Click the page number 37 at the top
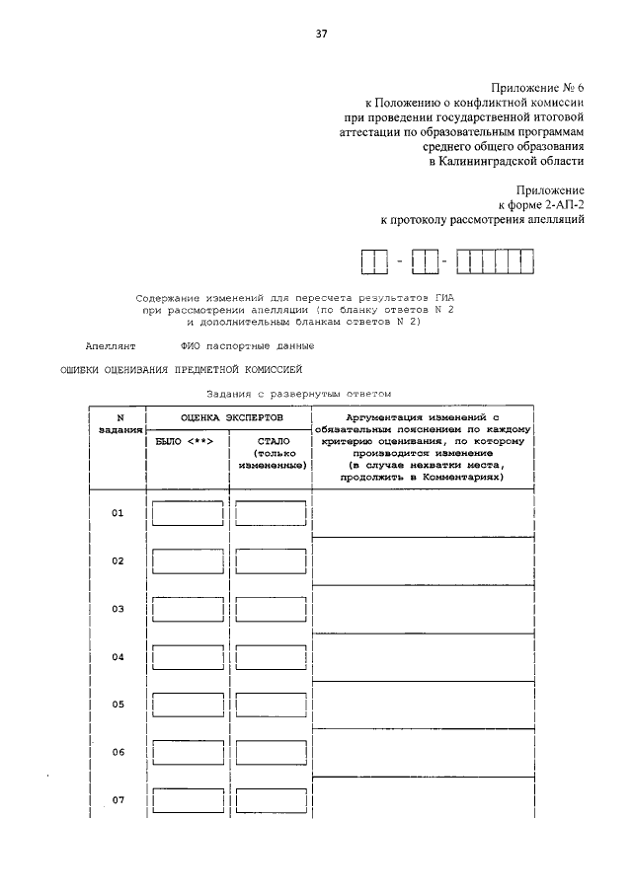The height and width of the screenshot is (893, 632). [x=321, y=34]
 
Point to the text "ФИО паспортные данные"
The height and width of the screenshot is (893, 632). [x=248, y=345]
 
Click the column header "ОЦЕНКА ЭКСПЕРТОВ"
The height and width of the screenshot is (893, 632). [x=229, y=418]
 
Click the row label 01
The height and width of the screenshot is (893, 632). [x=118, y=513]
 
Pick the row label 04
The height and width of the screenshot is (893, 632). [x=118, y=656]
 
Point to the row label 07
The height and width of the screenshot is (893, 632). [x=118, y=799]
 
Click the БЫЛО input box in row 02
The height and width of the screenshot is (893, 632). [x=187, y=561]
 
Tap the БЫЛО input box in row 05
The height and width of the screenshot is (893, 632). [x=187, y=705]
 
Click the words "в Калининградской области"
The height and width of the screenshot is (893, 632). [x=507, y=162]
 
